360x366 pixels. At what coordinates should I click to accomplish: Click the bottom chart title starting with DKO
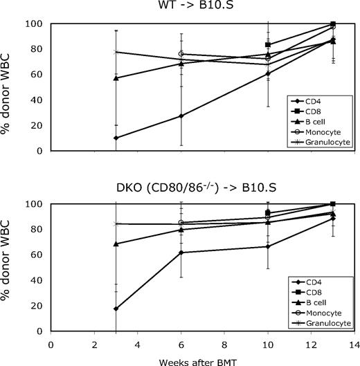(202, 189)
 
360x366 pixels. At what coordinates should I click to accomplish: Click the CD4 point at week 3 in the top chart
(116, 138)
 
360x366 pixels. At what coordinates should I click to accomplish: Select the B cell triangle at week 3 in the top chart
(116, 77)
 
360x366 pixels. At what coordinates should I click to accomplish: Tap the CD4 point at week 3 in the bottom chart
(116, 309)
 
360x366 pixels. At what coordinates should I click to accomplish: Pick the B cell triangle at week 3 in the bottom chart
(116, 244)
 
